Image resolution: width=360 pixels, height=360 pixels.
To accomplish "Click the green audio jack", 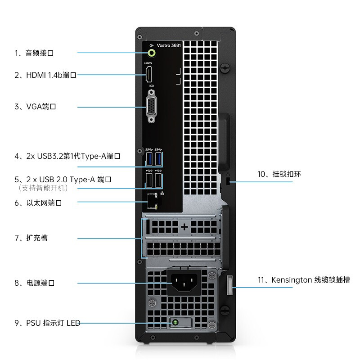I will [x=153, y=53].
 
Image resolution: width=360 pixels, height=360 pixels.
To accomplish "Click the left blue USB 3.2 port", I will [x=149, y=159].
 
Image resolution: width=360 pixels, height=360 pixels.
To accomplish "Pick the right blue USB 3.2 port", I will [x=158, y=159].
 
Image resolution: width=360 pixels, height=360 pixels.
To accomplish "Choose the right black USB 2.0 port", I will [x=158, y=180].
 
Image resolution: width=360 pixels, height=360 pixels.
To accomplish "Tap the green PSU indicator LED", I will [x=176, y=323].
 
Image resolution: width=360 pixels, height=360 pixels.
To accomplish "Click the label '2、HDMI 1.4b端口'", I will [x=45, y=75].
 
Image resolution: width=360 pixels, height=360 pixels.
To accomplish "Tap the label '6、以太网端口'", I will [x=38, y=203].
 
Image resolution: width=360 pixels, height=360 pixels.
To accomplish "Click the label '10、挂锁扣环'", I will [x=279, y=174].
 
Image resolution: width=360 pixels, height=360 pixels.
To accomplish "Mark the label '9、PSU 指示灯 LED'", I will [x=47, y=323].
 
